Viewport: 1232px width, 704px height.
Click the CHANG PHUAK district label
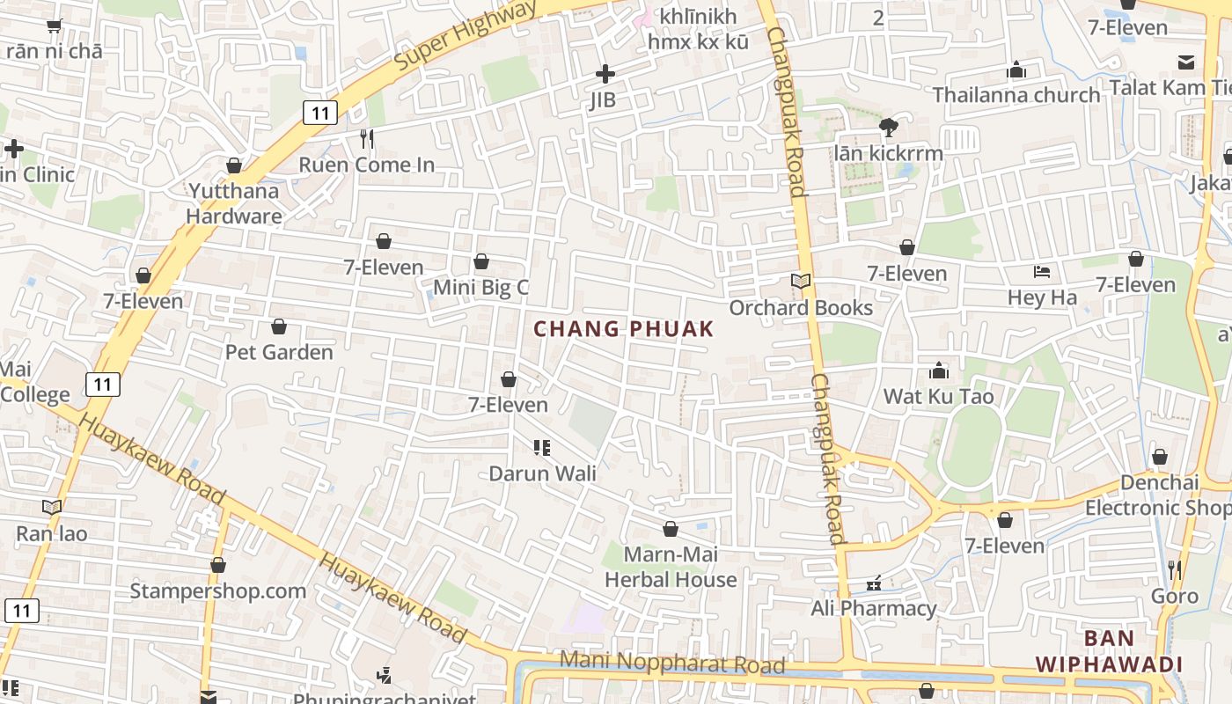click(624, 329)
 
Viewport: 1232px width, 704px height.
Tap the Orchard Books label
click(801, 308)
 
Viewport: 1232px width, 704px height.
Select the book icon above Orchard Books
click(800, 282)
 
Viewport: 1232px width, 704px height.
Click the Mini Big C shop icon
click(481, 261)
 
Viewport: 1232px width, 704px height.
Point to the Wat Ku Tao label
click(938, 396)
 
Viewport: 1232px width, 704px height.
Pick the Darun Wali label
click(542, 473)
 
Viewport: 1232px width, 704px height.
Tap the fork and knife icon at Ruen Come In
click(367, 138)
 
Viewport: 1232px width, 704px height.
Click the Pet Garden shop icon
click(279, 326)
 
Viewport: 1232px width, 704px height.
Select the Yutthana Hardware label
click(234, 203)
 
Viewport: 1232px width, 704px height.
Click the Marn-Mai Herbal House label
click(671, 567)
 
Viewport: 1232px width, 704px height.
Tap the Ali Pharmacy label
click(874, 608)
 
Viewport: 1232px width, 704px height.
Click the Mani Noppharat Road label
click(672, 661)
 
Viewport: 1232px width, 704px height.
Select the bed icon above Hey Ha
click(1042, 272)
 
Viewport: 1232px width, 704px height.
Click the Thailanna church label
click(1016, 94)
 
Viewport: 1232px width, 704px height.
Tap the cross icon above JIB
click(605, 74)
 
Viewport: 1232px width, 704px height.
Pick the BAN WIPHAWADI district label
click(1108, 651)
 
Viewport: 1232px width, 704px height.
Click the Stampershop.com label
click(218, 590)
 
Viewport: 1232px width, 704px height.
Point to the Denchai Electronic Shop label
click(1159, 495)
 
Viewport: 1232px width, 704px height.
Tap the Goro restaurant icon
click(1174, 570)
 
